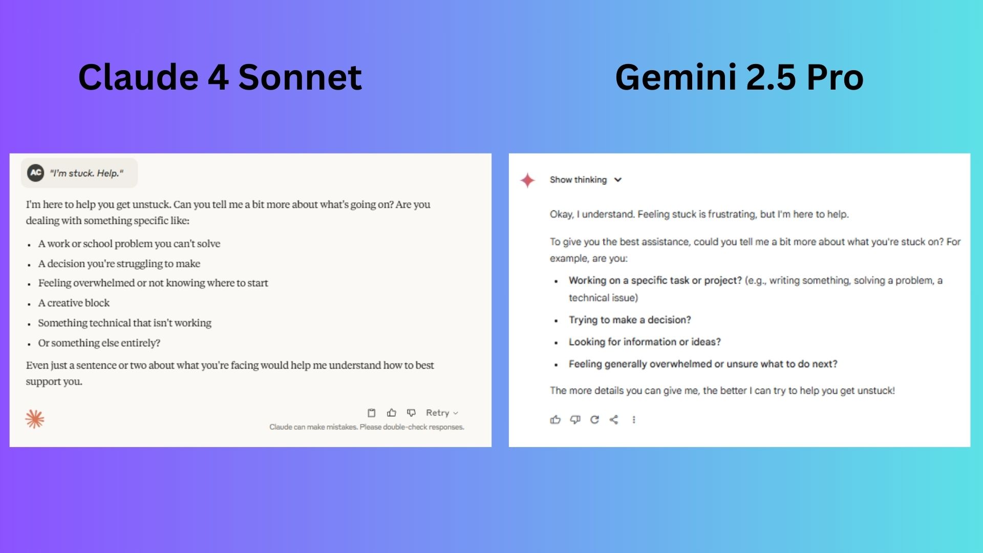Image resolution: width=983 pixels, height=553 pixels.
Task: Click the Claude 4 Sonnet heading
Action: pyautogui.click(x=220, y=77)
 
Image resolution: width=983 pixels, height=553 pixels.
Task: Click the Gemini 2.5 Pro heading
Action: pyautogui.click(x=739, y=77)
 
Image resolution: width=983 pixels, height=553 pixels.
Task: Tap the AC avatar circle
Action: pyautogui.click(x=36, y=173)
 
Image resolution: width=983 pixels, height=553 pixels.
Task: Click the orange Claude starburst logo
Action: pyautogui.click(x=35, y=419)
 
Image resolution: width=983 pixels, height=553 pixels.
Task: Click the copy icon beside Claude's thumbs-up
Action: pyautogui.click(x=372, y=413)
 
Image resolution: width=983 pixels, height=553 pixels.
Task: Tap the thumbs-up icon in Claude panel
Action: pyautogui.click(x=392, y=413)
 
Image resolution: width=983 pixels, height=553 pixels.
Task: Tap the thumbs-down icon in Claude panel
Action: pyautogui.click(x=411, y=413)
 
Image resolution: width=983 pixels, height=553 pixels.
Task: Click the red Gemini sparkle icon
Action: pyautogui.click(x=527, y=180)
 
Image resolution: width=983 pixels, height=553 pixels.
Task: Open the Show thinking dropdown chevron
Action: pyautogui.click(x=618, y=180)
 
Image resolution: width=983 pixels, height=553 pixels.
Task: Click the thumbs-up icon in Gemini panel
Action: pyautogui.click(x=555, y=420)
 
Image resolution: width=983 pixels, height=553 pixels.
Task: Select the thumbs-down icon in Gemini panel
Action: pyautogui.click(x=575, y=420)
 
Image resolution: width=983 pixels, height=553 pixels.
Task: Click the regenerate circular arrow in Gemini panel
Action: pyautogui.click(x=594, y=420)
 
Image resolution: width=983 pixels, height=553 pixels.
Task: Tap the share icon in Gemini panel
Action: pyautogui.click(x=614, y=420)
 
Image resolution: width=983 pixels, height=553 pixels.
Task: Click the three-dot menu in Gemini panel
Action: pyautogui.click(x=634, y=420)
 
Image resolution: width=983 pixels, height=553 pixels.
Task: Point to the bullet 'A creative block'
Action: pyautogui.click(x=74, y=303)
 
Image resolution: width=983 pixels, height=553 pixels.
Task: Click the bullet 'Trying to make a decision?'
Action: pyautogui.click(x=630, y=320)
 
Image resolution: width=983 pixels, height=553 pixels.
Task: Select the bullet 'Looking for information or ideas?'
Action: pyautogui.click(x=645, y=342)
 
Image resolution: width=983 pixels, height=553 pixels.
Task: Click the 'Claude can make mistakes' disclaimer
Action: pyautogui.click(x=367, y=427)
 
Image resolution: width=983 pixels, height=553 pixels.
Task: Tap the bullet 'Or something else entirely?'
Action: pyautogui.click(x=99, y=343)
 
